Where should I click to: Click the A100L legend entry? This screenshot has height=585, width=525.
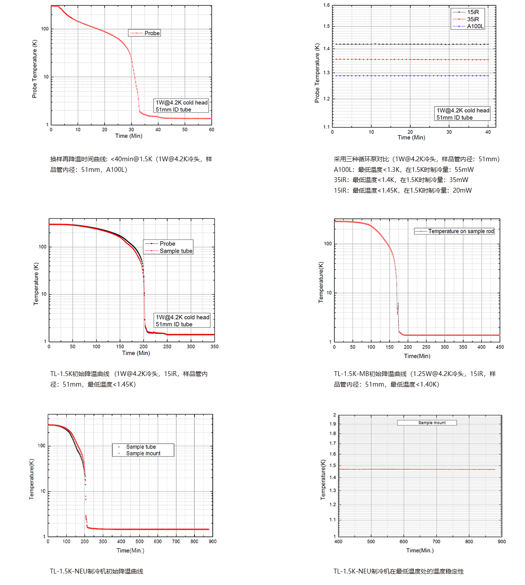point(475,27)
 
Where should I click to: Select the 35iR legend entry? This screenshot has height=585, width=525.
point(473,19)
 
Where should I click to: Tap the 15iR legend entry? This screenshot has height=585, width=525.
point(473,12)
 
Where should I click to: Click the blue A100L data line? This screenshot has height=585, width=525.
point(410,76)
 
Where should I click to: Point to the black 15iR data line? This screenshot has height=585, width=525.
point(410,44)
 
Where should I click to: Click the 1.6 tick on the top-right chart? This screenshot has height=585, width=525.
point(326,5)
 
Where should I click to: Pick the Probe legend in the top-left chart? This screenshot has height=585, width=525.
point(151,33)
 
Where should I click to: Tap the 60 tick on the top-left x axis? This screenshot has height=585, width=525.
point(212,130)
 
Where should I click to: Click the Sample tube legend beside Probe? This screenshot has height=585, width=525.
point(176,251)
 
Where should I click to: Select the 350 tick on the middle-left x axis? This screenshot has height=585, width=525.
point(214,347)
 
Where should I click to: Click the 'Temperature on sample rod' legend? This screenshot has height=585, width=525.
point(461,231)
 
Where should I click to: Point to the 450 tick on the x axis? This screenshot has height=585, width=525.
point(500,347)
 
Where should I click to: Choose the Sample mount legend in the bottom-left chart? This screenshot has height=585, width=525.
point(143,453)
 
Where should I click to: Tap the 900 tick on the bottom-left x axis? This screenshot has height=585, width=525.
point(213,542)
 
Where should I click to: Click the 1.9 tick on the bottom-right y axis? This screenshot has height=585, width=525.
point(332,424)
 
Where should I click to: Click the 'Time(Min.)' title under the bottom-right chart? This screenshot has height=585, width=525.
point(420,551)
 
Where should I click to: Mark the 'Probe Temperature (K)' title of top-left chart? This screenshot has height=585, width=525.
point(34,68)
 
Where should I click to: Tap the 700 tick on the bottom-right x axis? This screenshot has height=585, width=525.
point(436,542)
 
